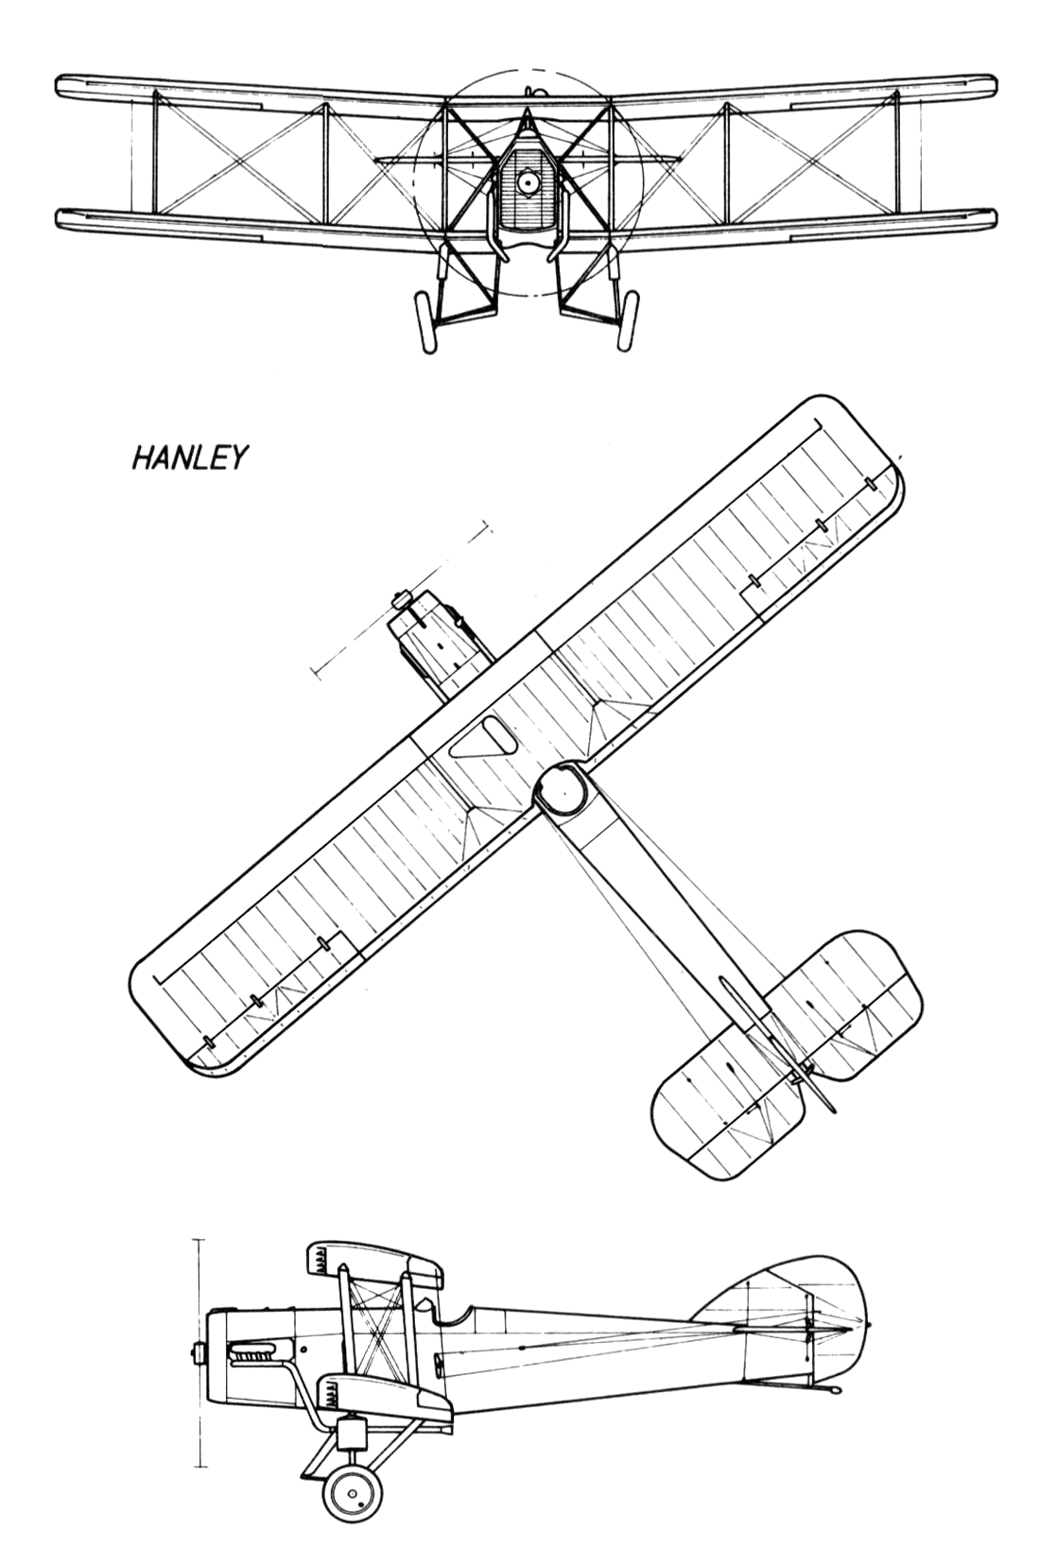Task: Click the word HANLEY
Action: coord(189,457)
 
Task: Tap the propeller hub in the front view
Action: coord(527,182)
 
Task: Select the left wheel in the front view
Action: coord(425,322)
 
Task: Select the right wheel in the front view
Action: coord(629,322)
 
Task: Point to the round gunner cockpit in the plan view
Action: coord(563,792)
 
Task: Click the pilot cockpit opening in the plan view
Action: coord(483,737)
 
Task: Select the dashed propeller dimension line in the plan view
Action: coord(402,598)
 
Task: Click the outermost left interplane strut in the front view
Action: coord(155,153)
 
